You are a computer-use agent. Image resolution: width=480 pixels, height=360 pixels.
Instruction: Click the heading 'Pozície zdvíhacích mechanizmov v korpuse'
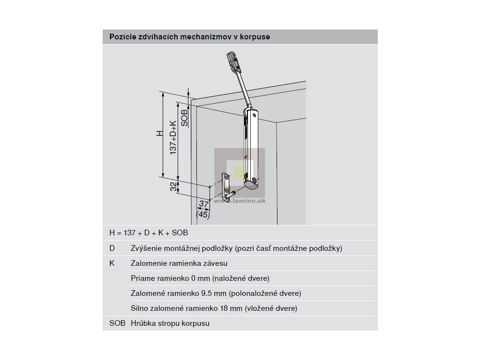pos(189,37)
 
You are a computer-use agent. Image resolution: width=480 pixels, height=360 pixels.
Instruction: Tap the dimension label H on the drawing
pos(159,134)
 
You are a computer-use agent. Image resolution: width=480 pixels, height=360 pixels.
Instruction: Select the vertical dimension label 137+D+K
pos(173,137)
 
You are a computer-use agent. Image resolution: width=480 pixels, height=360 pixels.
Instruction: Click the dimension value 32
pos(173,187)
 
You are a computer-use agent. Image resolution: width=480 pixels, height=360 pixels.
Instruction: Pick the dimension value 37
pos(202,204)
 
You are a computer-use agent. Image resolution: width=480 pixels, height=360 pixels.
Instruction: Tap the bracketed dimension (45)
pos(202,215)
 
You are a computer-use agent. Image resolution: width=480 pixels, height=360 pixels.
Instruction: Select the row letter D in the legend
pos(112,248)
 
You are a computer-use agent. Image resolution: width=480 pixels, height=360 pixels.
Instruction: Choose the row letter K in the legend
pos(112,263)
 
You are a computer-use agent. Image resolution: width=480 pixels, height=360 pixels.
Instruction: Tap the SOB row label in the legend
pos(117,323)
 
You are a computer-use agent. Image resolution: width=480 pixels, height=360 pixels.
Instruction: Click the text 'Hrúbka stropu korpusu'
pos(170,323)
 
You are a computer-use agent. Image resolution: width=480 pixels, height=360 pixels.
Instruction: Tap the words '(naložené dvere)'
pos(241,278)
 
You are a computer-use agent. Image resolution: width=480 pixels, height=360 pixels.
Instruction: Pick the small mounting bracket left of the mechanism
pos(228,187)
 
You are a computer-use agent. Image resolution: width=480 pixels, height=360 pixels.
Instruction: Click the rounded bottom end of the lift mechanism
pos(252,185)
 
